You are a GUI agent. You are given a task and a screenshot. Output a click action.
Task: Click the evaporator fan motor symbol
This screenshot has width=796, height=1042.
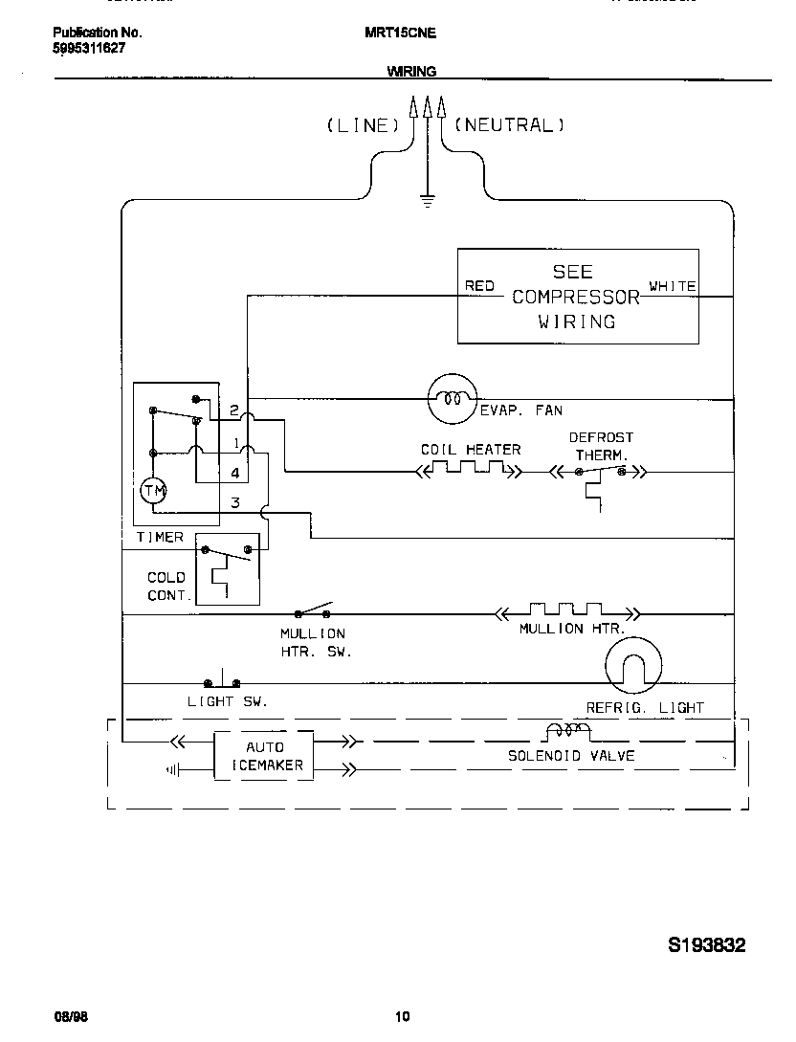coord(451,398)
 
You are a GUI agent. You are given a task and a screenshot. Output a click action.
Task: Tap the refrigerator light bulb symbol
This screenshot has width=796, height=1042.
coord(632,664)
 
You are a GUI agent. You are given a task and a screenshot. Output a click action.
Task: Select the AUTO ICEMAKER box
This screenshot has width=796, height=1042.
coord(263,756)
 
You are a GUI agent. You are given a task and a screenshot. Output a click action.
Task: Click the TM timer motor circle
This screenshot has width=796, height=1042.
coord(153,491)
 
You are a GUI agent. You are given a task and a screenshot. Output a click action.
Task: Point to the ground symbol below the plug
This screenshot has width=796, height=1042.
coord(427,200)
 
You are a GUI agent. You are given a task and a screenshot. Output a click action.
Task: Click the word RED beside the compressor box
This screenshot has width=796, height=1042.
coord(479,286)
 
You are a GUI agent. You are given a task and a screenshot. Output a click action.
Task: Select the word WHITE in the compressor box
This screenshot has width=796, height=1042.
coord(672,286)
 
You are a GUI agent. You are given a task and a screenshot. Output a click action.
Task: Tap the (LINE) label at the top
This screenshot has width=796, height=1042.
coord(363,125)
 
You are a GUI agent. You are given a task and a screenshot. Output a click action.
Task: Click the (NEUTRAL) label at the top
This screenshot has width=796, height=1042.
coord(509,125)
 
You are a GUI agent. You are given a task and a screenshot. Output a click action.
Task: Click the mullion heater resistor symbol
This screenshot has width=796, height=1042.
coord(566,610)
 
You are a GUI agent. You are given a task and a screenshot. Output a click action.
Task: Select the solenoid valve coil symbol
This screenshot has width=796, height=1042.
coord(567,732)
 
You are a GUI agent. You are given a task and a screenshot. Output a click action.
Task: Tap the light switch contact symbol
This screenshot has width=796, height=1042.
coord(222,681)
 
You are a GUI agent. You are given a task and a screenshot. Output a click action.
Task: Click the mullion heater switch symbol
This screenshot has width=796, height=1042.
coord(313,612)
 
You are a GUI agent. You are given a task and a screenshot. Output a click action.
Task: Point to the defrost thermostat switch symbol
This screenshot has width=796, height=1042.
coord(601,474)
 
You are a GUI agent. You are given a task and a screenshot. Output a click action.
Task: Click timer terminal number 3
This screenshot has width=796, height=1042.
coord(234,503)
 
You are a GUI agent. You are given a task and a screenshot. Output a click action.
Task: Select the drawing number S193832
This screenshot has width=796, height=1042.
coord(706,944)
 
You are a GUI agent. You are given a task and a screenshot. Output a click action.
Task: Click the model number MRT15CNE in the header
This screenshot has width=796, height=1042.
coord(400,33)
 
